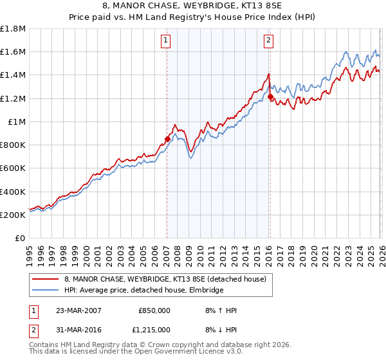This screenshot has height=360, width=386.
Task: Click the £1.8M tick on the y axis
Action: pyautogui.click(x=13, y=29)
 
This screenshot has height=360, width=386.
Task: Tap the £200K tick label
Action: pyautogui.click(x=13, y=215)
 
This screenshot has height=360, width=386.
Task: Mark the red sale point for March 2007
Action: pyautogui.click(x=167, y=139)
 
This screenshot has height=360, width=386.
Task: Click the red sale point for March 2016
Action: pyautogui.click(x=270, y=97)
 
